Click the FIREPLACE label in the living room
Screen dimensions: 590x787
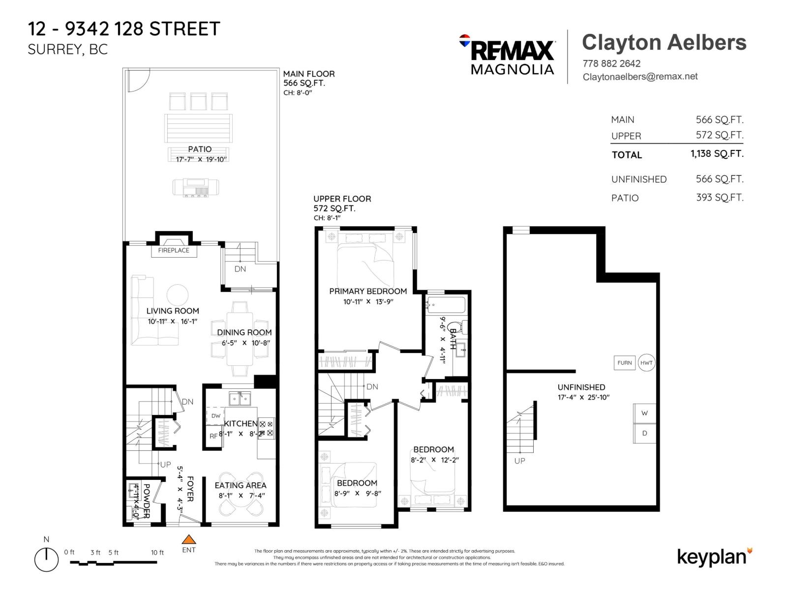[x=174, y=250]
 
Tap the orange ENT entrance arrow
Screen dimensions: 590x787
[x=189, y=539]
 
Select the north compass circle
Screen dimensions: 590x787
[x=46, y=560]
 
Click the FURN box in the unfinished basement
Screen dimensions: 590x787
[x=625, y=363]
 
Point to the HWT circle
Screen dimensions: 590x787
[x=646, y=363]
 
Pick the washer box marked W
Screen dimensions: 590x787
[x=644, y=413]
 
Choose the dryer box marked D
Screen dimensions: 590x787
[x=644, y=433]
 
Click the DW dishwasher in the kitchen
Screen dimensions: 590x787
[x=215, y=416]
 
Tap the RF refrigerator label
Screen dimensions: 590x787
[x=213, y=436]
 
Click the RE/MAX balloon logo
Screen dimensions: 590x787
[x=464, y=40]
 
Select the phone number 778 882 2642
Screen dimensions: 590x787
[x=611, y=63]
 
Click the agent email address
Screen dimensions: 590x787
[x=640, y=77]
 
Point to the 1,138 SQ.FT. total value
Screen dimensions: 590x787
[x=717, y=154]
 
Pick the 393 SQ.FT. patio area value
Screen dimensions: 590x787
[x=719, y=198]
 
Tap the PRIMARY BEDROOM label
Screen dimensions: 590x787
[x=368, y=291]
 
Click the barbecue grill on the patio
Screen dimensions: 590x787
[x=196, y=187]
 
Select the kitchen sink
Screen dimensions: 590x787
[x=240, y=398]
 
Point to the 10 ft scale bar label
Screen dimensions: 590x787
[x=157, y=553]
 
